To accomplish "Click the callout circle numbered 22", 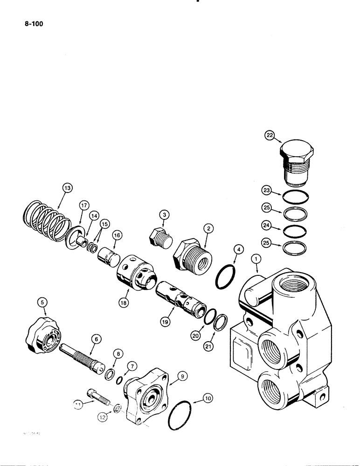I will tap(270, 136).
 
